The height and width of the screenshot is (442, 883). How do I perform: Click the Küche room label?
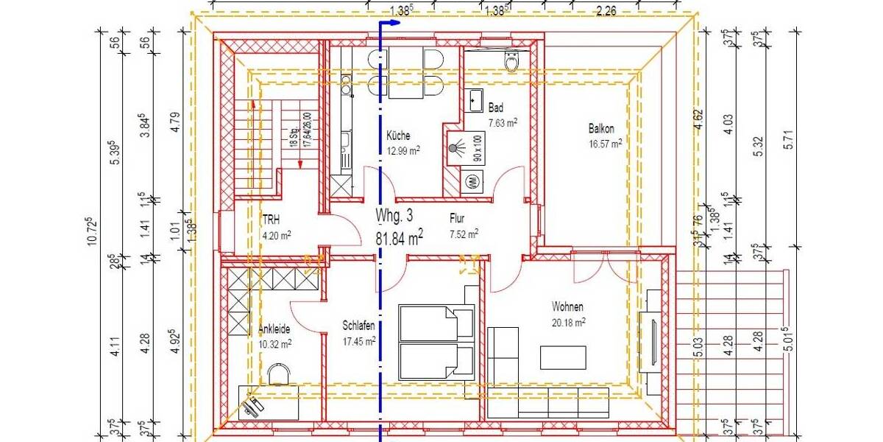[398, 136]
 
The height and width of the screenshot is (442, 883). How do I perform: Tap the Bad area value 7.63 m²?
[503, 123]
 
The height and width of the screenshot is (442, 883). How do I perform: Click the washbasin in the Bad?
[475, 99]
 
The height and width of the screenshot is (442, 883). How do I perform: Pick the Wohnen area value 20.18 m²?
[570, 322]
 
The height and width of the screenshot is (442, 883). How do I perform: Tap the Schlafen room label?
[359, 325]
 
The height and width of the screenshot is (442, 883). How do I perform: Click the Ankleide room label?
[274, 329]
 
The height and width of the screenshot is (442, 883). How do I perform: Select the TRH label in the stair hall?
[271, 219]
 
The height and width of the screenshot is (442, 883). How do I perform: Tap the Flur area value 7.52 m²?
[464, 234]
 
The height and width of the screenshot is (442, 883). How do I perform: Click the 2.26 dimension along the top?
[607, 10]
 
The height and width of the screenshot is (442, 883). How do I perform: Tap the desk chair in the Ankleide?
[279, 376]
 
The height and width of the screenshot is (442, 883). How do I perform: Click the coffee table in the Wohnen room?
[564, 357]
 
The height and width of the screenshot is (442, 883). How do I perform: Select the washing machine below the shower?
[469, 180]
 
